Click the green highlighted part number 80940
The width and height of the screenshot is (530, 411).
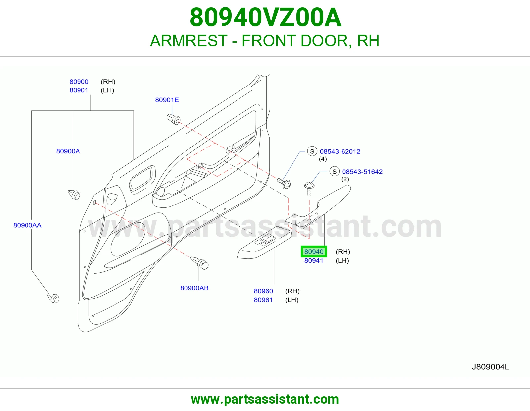314,251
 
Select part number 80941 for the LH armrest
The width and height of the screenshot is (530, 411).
314,261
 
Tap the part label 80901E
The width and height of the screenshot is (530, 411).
167,100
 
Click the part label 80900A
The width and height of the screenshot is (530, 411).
68,151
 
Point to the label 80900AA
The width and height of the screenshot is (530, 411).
27,225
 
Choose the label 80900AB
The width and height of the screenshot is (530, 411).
194,288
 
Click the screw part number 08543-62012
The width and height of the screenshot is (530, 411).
340,151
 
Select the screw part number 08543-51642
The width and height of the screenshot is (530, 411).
362,172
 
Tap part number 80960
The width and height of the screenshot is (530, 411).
263,291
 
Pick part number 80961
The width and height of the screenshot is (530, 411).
263,300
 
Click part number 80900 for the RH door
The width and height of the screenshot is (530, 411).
79,82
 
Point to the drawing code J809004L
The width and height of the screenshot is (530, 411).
491,367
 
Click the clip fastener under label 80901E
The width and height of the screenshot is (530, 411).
174,119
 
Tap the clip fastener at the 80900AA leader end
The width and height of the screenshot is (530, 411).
53,298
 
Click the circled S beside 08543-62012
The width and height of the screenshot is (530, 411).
312,151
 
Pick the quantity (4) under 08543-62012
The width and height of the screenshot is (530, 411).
323,159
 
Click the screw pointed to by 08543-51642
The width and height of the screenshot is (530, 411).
309,188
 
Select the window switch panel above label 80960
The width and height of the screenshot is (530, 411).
265,243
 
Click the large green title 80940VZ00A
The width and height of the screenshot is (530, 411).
265,17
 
